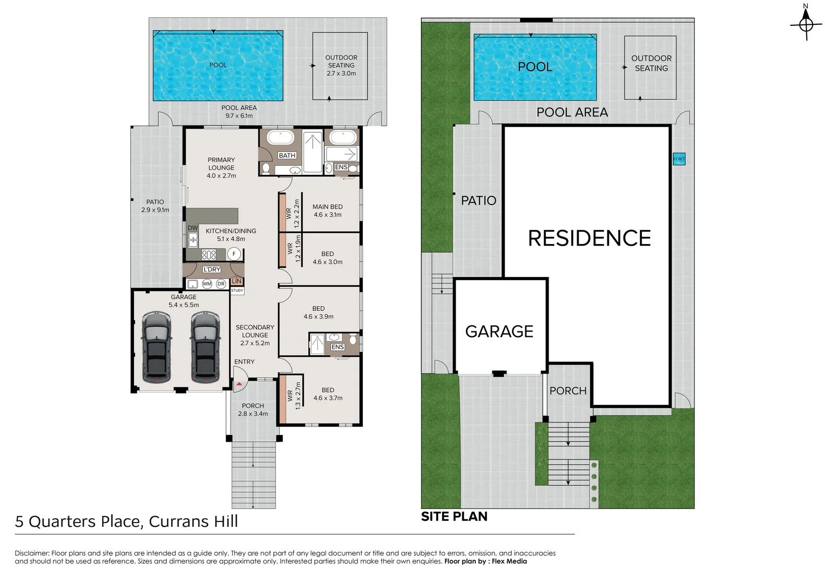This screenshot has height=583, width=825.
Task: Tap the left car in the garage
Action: point(157,347)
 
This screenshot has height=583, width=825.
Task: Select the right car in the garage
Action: point(205,347)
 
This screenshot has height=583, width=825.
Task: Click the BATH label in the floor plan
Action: point(287,155)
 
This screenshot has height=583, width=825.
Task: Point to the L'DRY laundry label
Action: point(212,269)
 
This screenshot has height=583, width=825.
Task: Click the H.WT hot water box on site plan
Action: point(679,159)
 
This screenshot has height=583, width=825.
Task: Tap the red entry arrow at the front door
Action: point(239,384)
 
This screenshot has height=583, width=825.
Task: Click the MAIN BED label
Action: point(327,207)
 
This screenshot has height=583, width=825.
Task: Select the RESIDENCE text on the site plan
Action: point(589,238)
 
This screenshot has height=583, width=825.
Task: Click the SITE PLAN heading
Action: point(454,517)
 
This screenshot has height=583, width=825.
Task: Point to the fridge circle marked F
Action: point(234,254)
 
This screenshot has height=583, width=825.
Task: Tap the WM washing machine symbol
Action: point(207,284)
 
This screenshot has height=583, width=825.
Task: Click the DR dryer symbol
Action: point(221,284)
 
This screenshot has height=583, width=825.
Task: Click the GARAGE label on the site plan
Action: point(499,331)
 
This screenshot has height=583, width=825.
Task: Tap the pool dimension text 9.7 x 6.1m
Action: point(239,116)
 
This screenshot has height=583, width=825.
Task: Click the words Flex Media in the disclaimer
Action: point(509,561)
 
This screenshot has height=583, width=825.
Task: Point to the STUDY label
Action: point(237,290)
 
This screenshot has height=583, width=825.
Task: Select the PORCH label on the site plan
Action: point(568,391)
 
